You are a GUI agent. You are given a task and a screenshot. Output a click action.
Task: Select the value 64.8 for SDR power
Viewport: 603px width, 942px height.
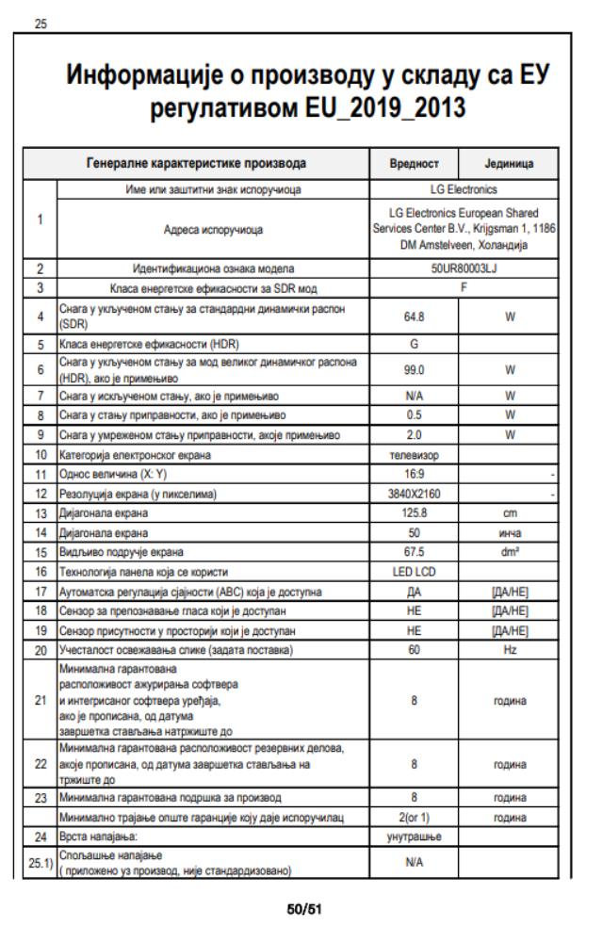pos(415,317)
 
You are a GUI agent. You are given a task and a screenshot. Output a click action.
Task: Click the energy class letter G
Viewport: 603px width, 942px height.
pos(415,345)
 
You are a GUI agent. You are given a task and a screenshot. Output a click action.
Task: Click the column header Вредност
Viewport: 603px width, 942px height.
pos(415,163)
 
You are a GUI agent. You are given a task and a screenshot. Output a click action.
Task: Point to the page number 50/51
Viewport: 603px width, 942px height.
pos(301,910)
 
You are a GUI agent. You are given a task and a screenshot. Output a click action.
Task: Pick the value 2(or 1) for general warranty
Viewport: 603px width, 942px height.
pos(415,817)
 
